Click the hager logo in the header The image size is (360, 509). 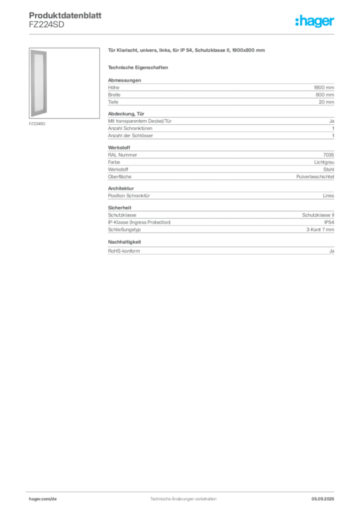315,21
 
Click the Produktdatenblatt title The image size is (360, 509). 65,15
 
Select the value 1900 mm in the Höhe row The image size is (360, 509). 324,87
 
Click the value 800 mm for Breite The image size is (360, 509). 325,95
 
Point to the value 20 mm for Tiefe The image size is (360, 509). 326,102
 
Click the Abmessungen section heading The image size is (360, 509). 124,80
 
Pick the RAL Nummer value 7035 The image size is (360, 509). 329,155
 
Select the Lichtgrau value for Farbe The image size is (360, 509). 324,162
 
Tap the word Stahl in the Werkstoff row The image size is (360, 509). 329,170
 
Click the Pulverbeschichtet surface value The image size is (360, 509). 315,176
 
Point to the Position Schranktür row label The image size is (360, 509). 129,196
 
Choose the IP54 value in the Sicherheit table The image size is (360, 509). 329,222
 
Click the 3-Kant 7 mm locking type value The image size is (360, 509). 320,230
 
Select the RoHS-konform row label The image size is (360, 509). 124,251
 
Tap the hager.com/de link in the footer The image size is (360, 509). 43,499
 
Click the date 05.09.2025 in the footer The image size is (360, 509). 323,499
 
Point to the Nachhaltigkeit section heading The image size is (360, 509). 124,242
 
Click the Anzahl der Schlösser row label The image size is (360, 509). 130,136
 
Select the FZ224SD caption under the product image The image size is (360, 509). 37,124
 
